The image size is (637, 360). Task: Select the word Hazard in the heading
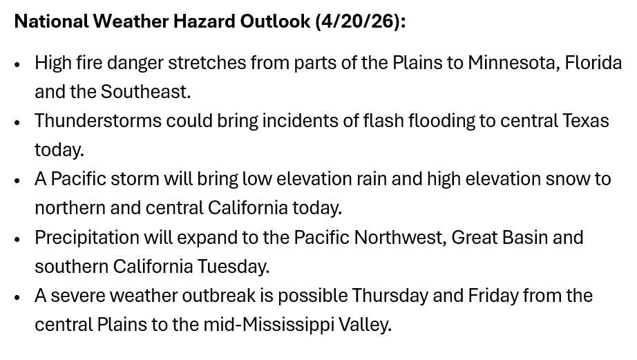click(x=204, y=21)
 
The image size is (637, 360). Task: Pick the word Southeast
click(x=146, y=92)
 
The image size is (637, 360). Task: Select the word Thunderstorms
click(x=98, y=121)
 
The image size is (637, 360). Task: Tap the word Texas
click(x=585, y=121)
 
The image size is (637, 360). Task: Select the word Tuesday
click(x=234, y=267)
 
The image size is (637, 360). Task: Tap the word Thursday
click(x=390, y=296)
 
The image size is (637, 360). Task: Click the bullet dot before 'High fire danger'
click(x=17, y=64)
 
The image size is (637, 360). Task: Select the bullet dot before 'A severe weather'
click(x=17, y=297)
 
